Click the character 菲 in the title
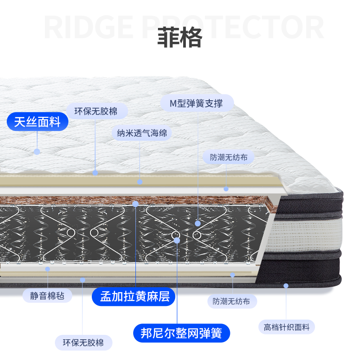click(168, 38)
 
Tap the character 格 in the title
click(191, 38)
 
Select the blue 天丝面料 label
click(37, 122)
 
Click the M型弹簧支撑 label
click(196, 103)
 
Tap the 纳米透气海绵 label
click(142, 133)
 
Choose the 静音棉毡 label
click(47, 296)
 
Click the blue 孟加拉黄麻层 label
click(133, 296)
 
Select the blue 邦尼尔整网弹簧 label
click(181, 333)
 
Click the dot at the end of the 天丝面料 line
click(37, 152)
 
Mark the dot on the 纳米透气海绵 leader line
click(140, 181)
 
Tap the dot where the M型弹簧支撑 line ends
click(198, 223)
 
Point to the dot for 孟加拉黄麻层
click(135, 204)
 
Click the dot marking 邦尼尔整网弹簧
click(177, 240)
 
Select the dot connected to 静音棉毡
click(48, 269)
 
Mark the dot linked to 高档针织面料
click(286, 285)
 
